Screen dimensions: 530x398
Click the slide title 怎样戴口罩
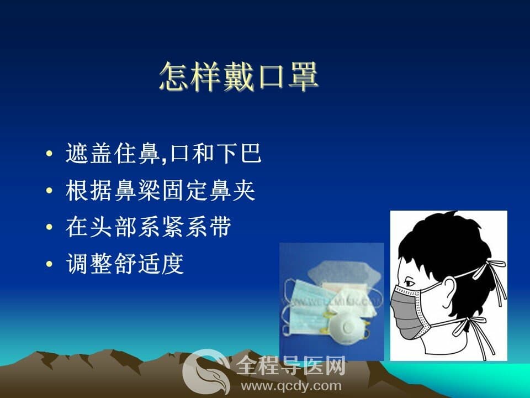[239, 76]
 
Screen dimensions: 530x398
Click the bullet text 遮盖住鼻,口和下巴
[163, 154]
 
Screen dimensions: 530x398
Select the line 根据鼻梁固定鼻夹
[160, 191]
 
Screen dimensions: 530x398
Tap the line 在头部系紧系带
[149, 227]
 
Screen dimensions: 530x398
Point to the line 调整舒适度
[125, 264]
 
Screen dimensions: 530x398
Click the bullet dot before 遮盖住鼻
[49, 153]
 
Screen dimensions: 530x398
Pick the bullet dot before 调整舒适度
[49, 264]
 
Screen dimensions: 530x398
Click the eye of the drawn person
[410, 282]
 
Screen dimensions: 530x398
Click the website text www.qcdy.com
[291, 386]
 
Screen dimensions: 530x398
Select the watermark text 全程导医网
[291, 365]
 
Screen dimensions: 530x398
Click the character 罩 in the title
[303, 76]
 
